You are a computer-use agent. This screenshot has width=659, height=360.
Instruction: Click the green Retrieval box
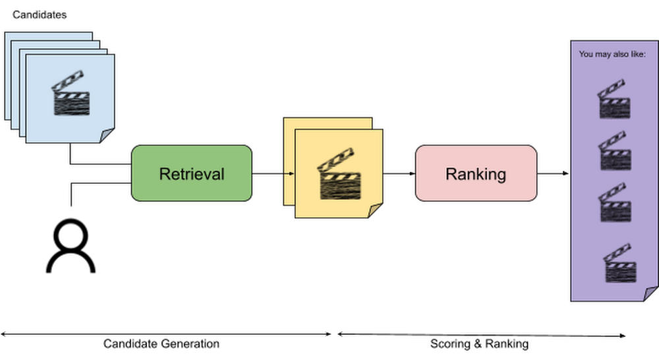click(x=192, y=173)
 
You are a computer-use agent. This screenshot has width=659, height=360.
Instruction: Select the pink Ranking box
click(x=476, y=173)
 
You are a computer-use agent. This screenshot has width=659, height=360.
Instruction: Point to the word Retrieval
click(x=192, y=174)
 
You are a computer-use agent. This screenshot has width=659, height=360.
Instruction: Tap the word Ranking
click(x=476, y=174)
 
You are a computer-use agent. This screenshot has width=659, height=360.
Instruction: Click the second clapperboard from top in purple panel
click(x=614, y=151)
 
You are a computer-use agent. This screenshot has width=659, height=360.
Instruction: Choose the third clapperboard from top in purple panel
click(x=614, y=202)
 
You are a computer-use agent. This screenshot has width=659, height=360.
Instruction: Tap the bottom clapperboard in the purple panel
click(x=618, y=264)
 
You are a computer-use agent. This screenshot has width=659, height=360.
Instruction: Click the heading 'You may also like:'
click(x=612, y=54)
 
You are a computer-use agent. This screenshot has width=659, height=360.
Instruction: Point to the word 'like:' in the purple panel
click(x=638, y=54)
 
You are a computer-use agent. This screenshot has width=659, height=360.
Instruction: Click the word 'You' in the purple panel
click(x=585, y=54)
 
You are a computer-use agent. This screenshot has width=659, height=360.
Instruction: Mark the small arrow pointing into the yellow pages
click(x=287, y=173)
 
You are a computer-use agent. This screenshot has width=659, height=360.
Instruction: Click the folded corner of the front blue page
click(x=108, y=136)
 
